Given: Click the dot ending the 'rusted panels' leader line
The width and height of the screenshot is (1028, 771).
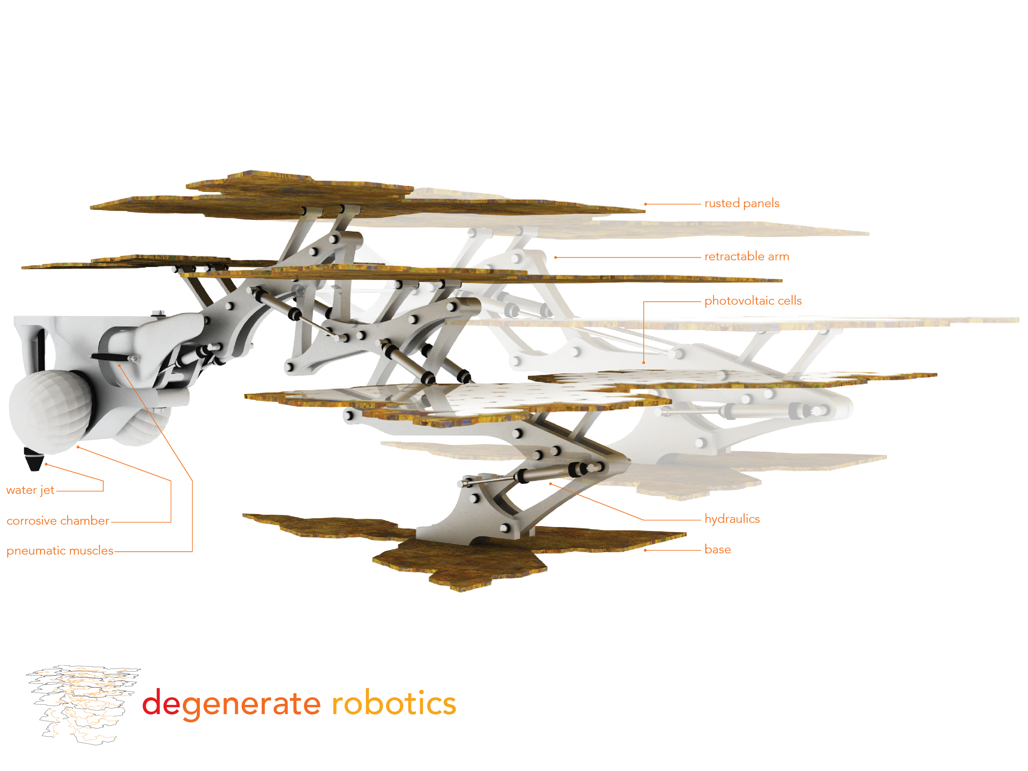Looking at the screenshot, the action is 646,204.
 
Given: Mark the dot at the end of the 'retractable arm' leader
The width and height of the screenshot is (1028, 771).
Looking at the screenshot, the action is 555,257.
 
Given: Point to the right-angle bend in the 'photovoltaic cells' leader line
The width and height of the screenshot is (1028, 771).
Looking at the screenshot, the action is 644,302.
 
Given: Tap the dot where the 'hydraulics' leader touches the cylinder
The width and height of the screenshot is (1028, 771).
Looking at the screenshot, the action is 551,484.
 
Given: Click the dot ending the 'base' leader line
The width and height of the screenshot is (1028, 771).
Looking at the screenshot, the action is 646,550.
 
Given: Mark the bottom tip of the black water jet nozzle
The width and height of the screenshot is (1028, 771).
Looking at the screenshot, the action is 34,470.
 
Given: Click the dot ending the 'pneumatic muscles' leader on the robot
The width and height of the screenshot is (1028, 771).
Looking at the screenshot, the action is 120,366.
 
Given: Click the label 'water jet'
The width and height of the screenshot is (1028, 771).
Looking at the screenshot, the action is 30,490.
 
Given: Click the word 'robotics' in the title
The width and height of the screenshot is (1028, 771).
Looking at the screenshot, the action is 394,703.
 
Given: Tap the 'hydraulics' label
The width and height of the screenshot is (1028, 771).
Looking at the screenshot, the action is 732,519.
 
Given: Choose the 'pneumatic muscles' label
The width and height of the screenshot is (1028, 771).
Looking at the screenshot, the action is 60,551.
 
